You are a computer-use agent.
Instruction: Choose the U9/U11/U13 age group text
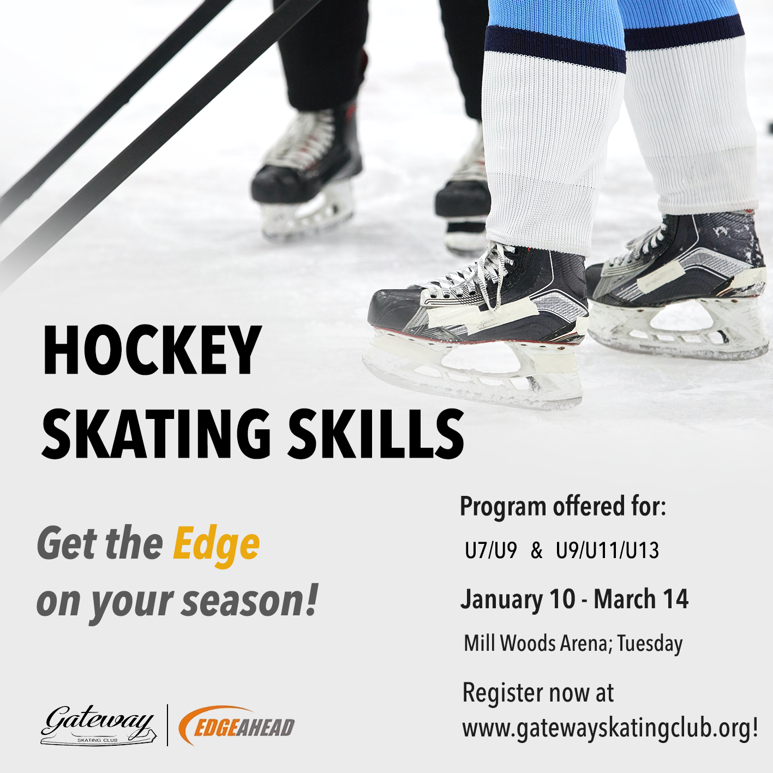(607, 551)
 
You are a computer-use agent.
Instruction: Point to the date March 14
(641, 600)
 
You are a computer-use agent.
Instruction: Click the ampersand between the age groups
(536, 551)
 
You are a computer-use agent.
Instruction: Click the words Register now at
(538, 693)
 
